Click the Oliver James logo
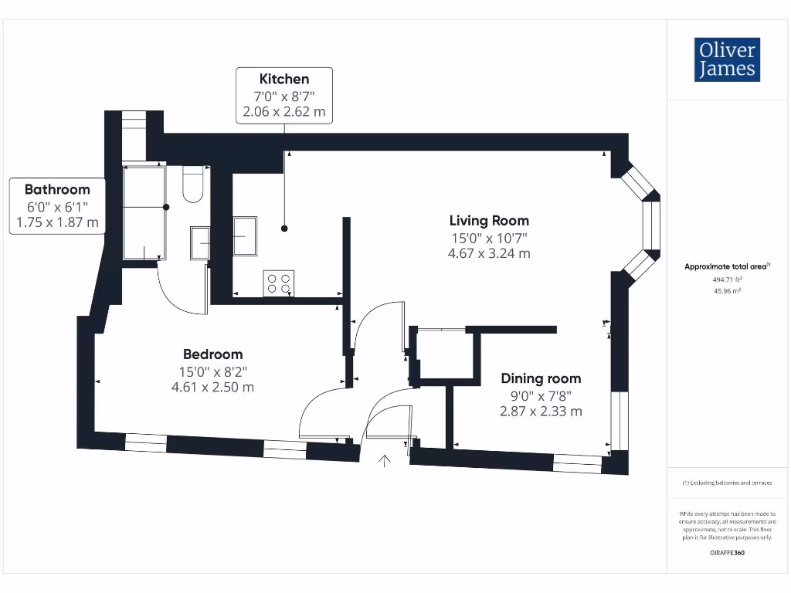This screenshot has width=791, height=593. [x=727, y=59]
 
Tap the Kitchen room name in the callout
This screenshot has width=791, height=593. [x=284, y=80]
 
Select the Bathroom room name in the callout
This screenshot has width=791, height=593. [x=57, y=190]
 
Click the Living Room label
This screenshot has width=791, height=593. [x=489, y=221]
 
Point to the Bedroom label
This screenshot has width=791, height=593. [x=213, y=354]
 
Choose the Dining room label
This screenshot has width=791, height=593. [x=541, y=378]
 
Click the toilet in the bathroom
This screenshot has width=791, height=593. [x=192, y=184]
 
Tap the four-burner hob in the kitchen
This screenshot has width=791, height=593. [x=278, y=283]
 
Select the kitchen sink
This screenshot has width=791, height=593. [x=245, y=236]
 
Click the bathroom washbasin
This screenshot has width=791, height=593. [x=200, y=243]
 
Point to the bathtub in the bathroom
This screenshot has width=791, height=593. [x=144, y=212]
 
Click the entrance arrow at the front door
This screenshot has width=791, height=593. [x=385, y=461]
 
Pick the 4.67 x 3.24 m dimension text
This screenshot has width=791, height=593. [x=489, y=253]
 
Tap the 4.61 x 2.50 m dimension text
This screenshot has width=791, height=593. [x=212, y=388]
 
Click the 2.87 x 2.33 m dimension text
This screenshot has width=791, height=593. [x=541, y=412]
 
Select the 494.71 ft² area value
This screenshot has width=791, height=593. [x=727, y=280]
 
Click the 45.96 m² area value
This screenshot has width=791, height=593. [x=727, y=291]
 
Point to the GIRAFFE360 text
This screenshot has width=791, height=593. [x=727, y=553]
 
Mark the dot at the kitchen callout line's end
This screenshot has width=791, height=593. [x=284, y=229]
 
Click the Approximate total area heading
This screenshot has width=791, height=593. [x=727, y=266]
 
